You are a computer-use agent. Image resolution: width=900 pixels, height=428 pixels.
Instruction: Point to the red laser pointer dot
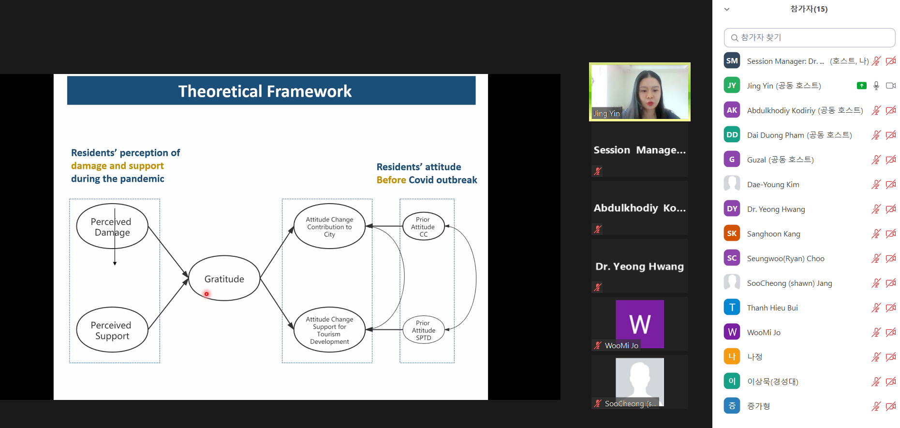coord(207,294)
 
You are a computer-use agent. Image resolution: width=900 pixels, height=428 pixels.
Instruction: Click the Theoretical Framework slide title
coord(265,91)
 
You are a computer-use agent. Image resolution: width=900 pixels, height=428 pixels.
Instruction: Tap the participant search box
coord(810,38)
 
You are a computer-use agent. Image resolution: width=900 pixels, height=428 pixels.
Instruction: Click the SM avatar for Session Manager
coord(732,61)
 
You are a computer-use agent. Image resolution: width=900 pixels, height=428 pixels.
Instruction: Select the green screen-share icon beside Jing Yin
coord(862,86)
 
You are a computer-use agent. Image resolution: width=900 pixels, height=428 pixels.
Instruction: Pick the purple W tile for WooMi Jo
coord(640,324)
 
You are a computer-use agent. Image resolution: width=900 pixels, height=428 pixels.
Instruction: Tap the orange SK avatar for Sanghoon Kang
coord(732,234)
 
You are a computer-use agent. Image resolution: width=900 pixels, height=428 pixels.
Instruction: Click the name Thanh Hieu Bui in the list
coord(772,308)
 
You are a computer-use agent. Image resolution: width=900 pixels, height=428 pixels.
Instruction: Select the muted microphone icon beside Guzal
coord(876,160)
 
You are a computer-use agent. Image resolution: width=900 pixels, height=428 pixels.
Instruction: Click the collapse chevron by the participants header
coord(727,9)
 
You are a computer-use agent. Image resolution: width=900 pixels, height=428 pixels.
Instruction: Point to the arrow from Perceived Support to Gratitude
coord(168,304)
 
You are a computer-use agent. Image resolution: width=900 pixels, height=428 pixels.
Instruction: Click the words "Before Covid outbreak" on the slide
coord(427,180)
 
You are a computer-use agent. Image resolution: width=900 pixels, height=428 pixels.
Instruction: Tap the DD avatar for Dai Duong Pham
coord(732,135)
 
